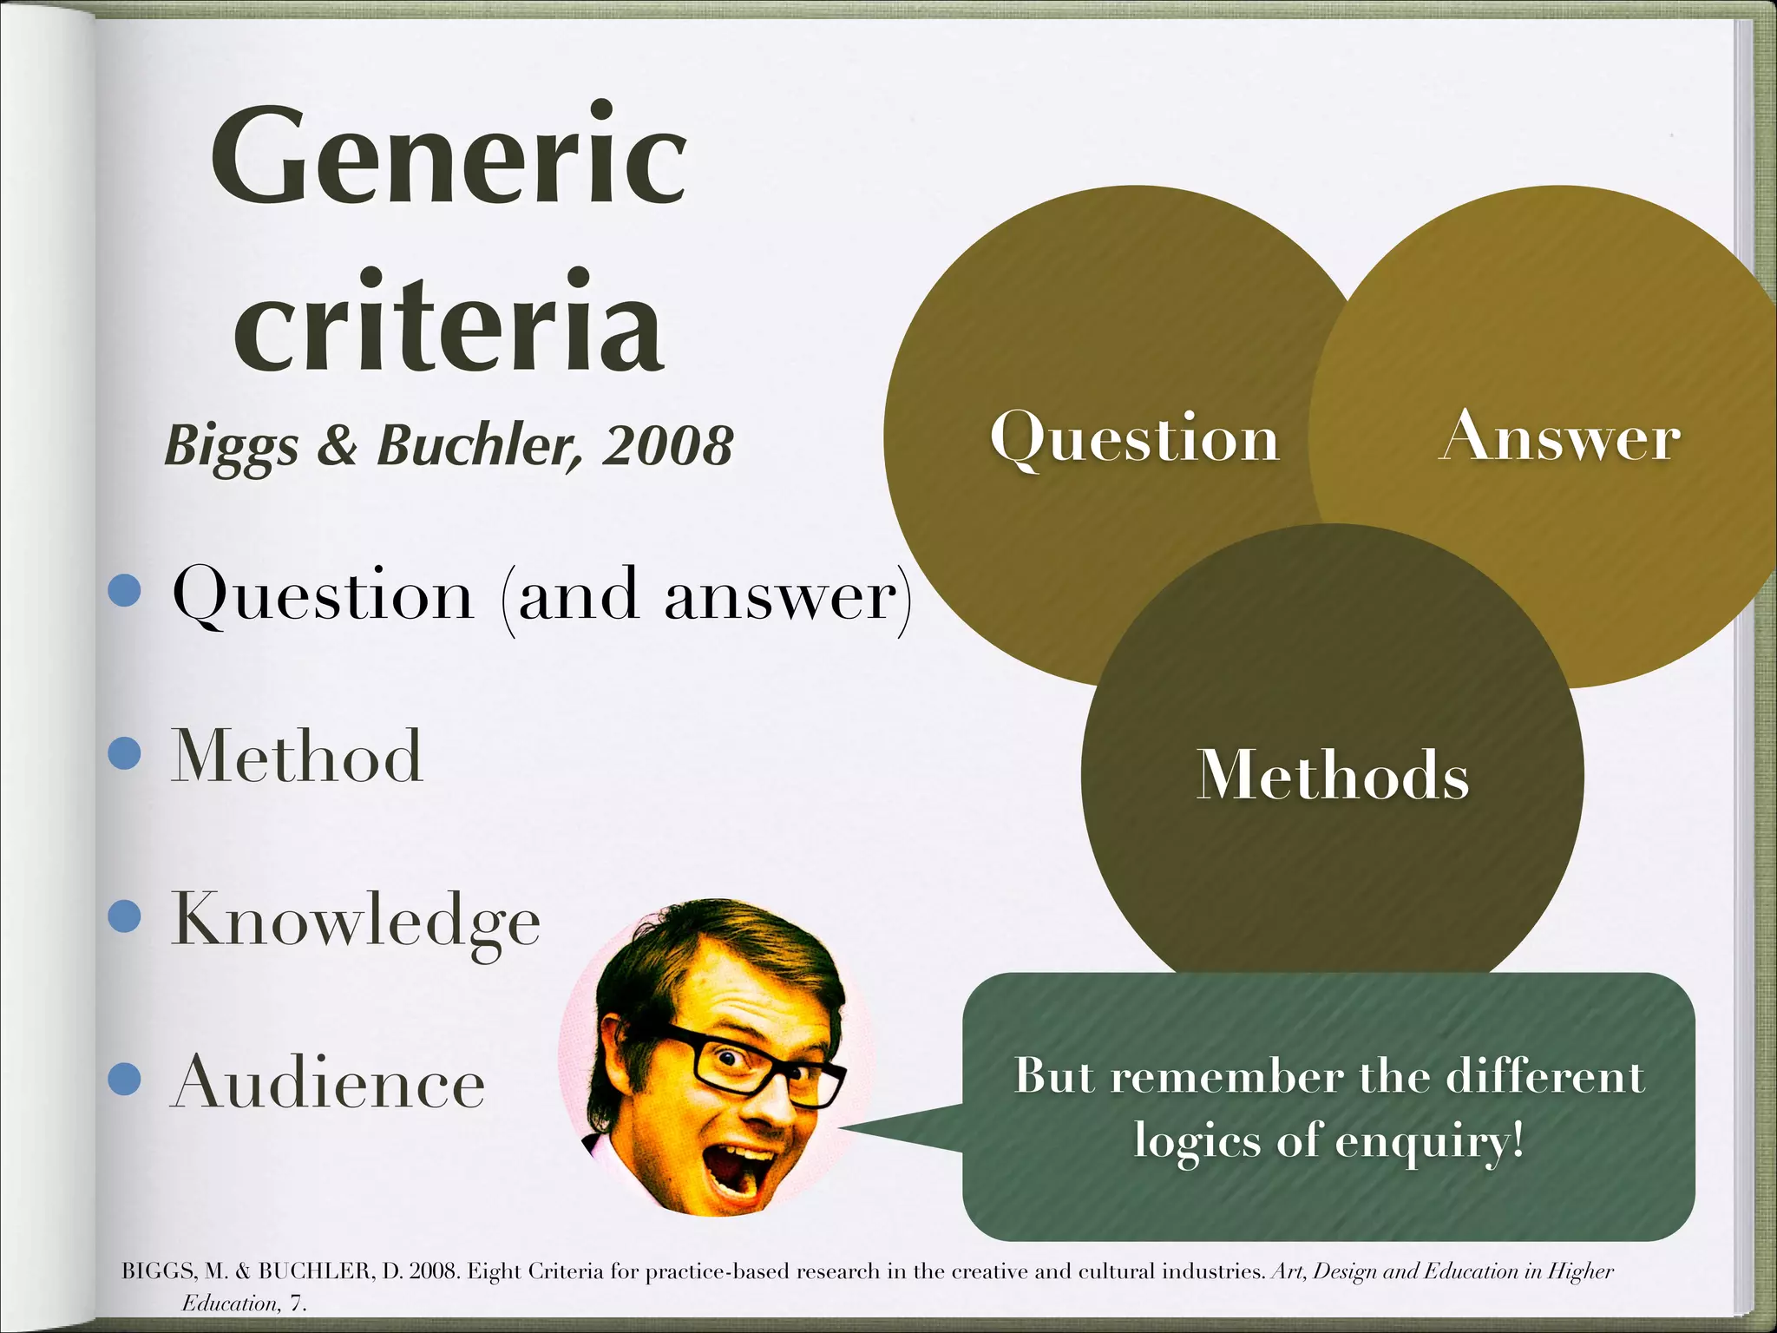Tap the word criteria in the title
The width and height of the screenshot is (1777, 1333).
(449, 323)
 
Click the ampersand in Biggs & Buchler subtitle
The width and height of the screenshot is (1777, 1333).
(337, 445)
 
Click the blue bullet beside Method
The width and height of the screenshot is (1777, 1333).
(125, 753)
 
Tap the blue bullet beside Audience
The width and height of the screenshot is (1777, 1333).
(125, 1080)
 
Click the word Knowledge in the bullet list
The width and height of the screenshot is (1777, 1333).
(356, 920)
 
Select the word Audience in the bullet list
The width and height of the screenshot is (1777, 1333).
(328, 1082)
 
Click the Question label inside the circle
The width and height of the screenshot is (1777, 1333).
(1134, 438)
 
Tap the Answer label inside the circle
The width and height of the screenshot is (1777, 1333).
(1559, 437)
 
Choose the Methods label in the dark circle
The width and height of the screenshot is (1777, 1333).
(1333, 774)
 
